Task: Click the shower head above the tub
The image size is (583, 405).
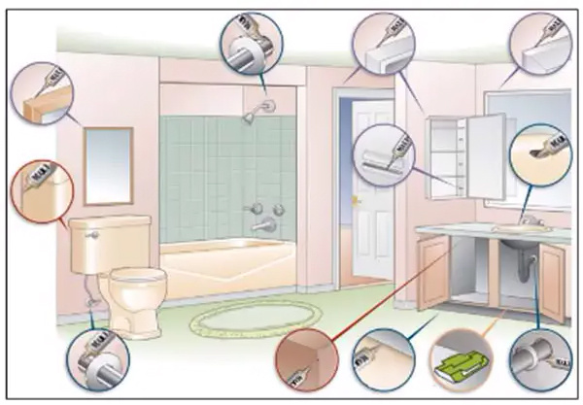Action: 252,116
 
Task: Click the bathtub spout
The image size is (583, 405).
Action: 259,226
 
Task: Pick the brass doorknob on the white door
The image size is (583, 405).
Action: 357,200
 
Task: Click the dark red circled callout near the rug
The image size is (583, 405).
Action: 304,359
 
